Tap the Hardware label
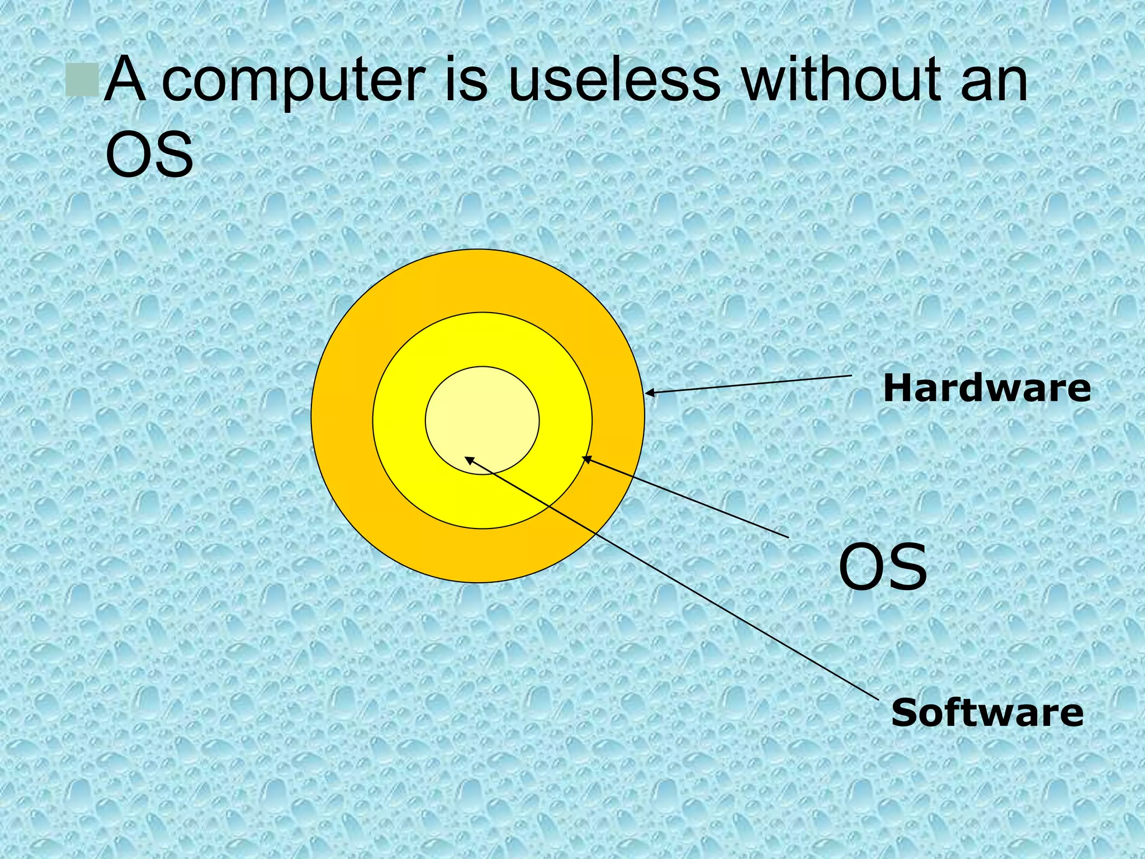[x=987, y=388]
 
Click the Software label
[x=987, y=712]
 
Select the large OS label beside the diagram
[x=883, y=568]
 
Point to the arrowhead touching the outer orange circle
[x=650, y=393]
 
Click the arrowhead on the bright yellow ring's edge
[x=586, y=459]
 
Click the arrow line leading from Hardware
[x=749, y=385]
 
